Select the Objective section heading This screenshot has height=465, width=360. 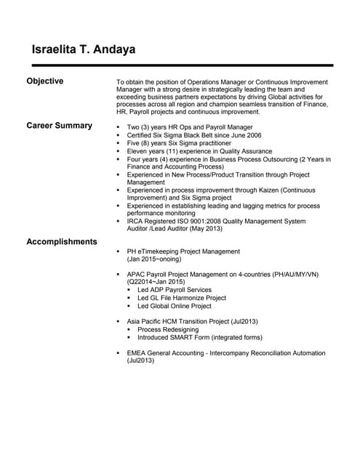pyautogui.click(x=45, y=81)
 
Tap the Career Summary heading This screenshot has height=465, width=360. pyautogui.click(x=60, y=126)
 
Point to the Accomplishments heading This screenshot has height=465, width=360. pyautogui.click(x=62, y=241)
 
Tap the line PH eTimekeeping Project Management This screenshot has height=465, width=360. pyautogui.click(x=183, y=251)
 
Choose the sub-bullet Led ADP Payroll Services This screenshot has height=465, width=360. pyautogui.click(x=175, y=290)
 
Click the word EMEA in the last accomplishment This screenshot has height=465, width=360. pyautogui.click(x=137, y=352)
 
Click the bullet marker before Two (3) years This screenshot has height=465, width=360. pyautogui.click(x=119, y=127)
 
